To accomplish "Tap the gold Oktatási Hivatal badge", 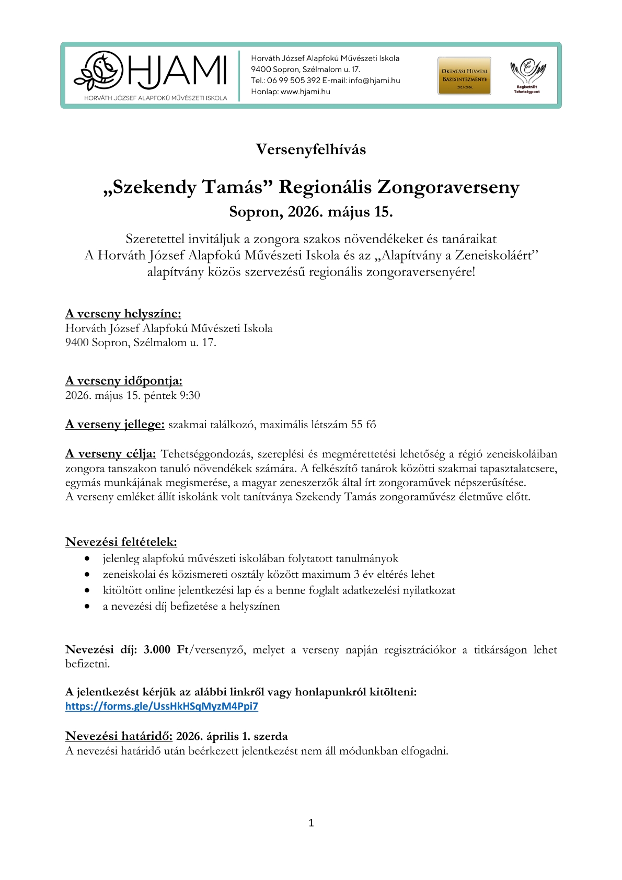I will click(464, 76).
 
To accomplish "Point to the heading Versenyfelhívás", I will click(310, 150).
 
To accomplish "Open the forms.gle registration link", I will click(162, 706).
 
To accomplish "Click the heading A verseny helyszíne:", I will click(123, 314).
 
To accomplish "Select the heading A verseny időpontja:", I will click(123, 381).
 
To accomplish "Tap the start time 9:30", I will click(190, 395).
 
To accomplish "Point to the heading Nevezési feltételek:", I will click(121, 542).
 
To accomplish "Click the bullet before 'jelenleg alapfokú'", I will click(87, 559).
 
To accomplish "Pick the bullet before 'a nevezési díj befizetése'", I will click(87, 607).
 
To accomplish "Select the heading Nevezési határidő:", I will click(119, 736).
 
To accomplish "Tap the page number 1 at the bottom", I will click(311, 823).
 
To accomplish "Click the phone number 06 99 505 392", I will click(293, 81).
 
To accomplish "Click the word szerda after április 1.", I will click(270, 736).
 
